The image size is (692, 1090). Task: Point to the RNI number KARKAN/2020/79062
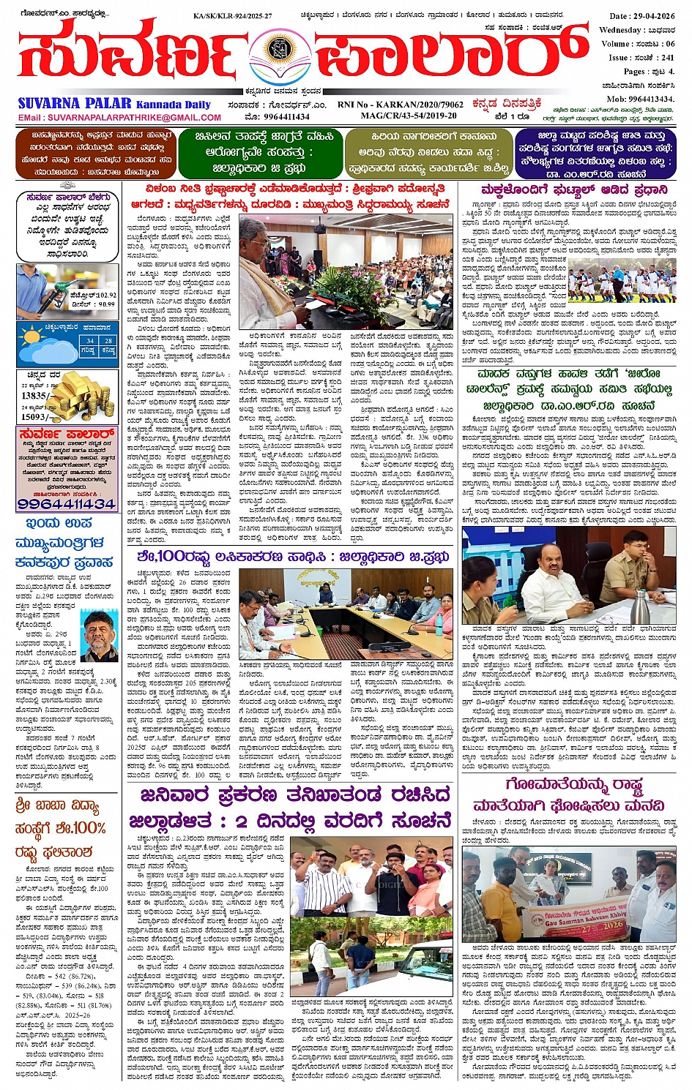(400, 105)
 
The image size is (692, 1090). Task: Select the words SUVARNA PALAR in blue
(75, 103)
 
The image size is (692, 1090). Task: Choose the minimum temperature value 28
(108, 341)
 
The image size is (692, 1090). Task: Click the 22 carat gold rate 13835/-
(35, 395)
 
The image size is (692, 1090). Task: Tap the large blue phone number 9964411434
(67, 504)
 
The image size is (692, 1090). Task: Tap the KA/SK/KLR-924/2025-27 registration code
(232, 15)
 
